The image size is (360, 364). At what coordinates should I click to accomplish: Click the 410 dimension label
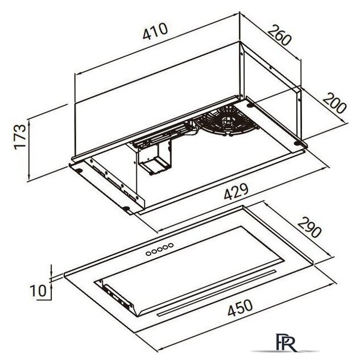pyautogui.click(x=155, y=31)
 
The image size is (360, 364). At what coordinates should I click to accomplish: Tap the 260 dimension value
pyautogui.click(x=279, y=35)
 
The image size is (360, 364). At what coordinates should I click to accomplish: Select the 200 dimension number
pyautogui.click(x=334, y=103)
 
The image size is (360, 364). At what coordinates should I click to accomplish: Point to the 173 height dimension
pyautogui.click(x=20, y=137)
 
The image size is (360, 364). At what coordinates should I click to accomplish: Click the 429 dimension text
pyautogui.click(x=236, y=192)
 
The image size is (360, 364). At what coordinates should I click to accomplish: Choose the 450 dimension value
pyautogui.click(x=240, y=308)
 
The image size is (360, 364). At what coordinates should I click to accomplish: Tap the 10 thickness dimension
pyautogui.click(x=38, y=291)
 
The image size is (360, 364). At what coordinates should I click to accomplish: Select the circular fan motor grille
pyautogui.click(x=226, y=121)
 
